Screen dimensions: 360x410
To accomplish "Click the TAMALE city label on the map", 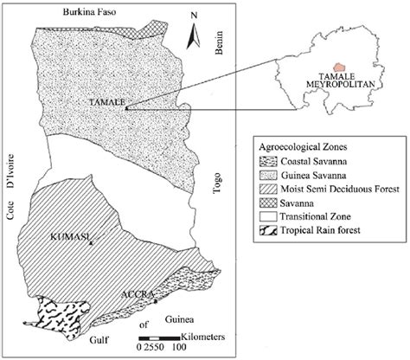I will click(106, 101).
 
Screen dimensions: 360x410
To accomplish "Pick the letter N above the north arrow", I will click(197, 15).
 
